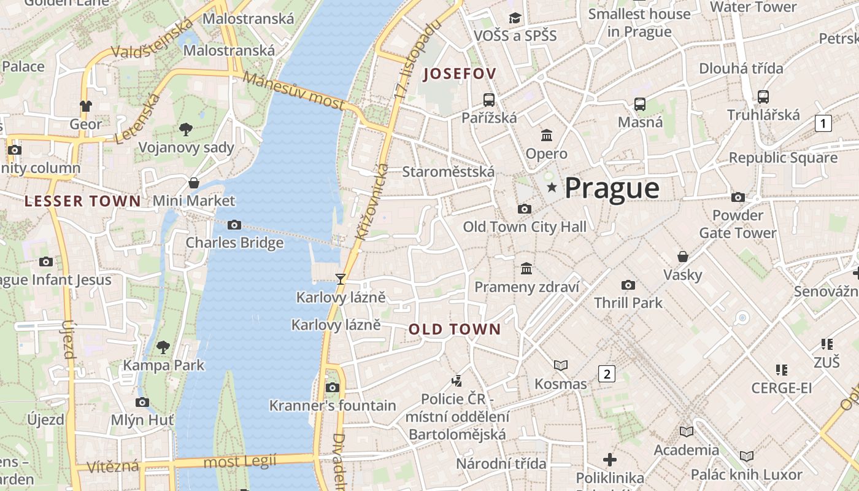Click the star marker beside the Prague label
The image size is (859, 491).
[552, 187]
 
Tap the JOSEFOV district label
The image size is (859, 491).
[460, 74]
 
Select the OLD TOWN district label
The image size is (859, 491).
[455, 330]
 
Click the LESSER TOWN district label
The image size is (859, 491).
[83, 201]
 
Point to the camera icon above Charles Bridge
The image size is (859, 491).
[234, 225]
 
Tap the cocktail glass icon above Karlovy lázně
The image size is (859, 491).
[341, 279]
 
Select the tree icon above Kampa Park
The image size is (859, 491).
[163, 347]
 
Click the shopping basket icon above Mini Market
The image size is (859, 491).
[194, 183]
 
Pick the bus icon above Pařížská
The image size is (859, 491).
[489, 99]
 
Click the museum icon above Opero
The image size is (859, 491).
[546, 135]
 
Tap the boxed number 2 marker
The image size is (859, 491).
[607, 373]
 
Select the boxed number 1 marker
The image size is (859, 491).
[823, 123]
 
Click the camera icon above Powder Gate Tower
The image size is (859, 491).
[738, 197]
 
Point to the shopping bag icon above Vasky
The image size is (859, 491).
[682, 256]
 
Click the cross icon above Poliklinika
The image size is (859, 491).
[610, 459]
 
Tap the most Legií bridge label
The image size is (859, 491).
[240, 461]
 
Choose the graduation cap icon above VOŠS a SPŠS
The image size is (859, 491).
[515, 18]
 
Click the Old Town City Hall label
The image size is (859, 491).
[525, 227]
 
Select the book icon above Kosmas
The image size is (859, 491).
[561, 365]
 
